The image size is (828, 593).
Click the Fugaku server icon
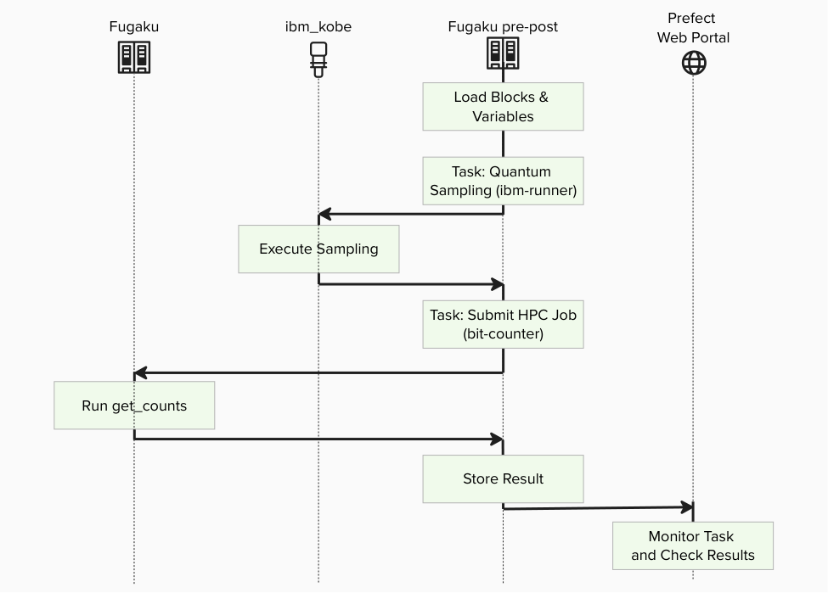[x=133, y=58]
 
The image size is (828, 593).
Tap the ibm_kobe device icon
[x=318, y=59]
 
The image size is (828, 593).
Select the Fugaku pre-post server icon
[x=503, y=53]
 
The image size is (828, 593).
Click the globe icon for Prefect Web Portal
[x=694, y=62]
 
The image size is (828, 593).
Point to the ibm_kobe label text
[x=318, y=26]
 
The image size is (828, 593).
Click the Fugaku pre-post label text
[x=503, y=26]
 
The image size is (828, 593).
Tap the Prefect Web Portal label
[x=692, y=28]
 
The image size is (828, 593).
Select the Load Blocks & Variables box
[x=503, y=107]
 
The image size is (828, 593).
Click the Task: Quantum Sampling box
[x=503, y=181]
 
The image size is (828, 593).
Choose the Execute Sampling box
[x=318, y=249]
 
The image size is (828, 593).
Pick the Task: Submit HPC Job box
[x=503, y=324]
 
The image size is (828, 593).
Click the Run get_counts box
[x=134, y=406]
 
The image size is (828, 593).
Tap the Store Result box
[x=503, y=478]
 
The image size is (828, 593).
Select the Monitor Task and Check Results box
[x=692, y=545]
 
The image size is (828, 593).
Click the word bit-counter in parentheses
[x=503, y=333]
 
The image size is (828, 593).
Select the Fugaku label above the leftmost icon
[x=133, y=26]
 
